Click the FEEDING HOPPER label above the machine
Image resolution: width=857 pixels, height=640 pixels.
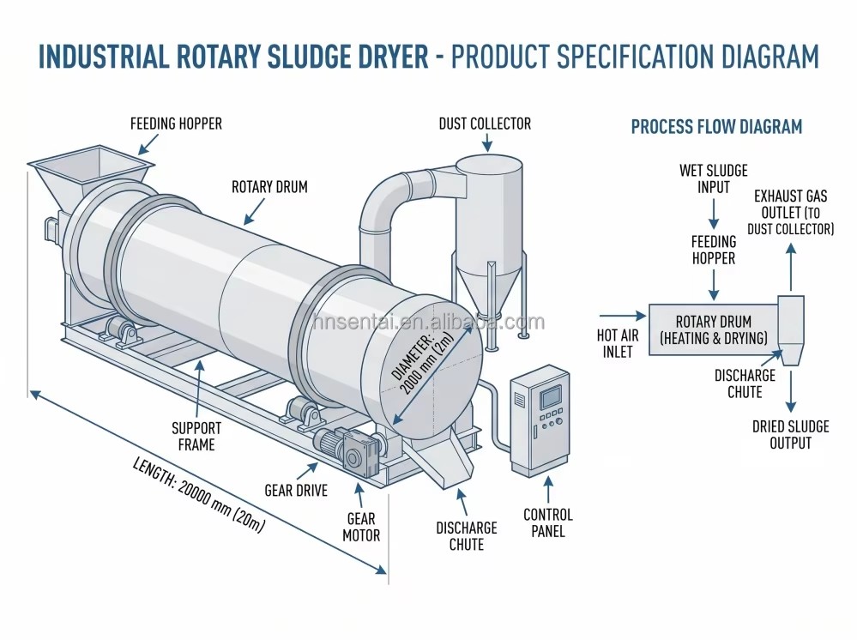click(x=176, y=124)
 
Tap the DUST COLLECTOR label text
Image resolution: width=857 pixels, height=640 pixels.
click(x=485, y=124)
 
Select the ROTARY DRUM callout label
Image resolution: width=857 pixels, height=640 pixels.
click(x=269, y=187)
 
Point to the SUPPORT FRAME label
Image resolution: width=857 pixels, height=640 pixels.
click(x=196, y=436)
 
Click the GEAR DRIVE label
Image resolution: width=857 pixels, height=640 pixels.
click(x=296, y=490)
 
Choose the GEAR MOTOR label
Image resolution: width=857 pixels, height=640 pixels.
click(x=361, y=527)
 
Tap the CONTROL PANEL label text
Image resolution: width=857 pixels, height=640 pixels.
click(x=548, y=523)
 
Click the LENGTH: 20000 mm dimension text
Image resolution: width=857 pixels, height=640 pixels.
click(x=199, y=495)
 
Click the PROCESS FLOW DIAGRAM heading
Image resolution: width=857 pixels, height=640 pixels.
click(x=716, y=127)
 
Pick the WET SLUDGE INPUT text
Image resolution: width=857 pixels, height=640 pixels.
click(x=713, y=178)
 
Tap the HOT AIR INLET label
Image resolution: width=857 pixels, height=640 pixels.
click(x=618, y=343)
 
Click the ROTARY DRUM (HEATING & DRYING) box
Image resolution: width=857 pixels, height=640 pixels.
click(x=713, y=330)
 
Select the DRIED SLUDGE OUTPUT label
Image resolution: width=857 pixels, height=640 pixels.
click(x=790, y=434)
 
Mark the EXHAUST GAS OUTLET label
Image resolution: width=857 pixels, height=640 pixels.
click(x=790, y=212)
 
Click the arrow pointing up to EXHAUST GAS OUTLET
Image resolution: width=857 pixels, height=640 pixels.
click(x=790, y=268)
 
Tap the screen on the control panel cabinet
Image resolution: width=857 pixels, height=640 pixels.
click(x=551, y=397)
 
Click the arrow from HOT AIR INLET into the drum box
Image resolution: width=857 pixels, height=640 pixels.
click(x=623, y=316)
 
